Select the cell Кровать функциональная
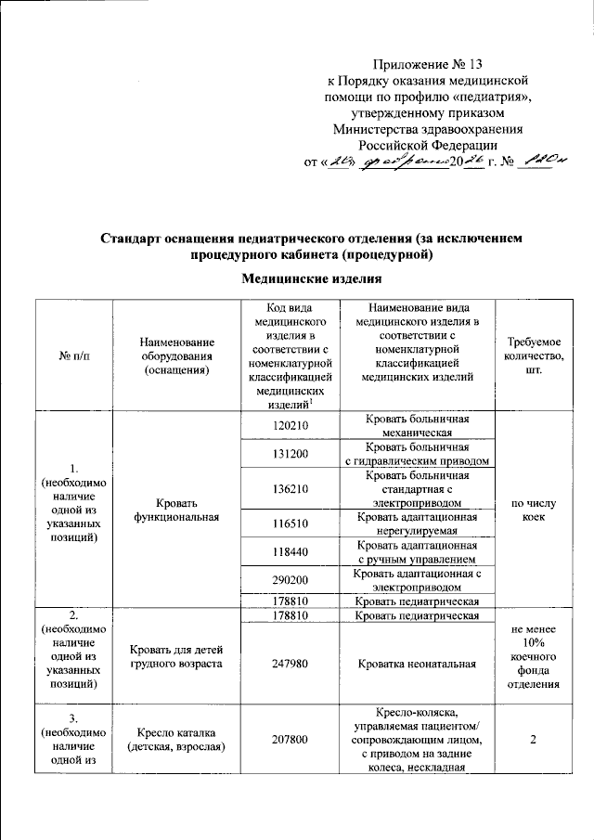175,510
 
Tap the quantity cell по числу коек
534,510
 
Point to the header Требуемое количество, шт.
534,357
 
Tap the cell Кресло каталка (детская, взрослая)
175,740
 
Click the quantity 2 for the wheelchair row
534,740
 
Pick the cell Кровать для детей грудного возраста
175,656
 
